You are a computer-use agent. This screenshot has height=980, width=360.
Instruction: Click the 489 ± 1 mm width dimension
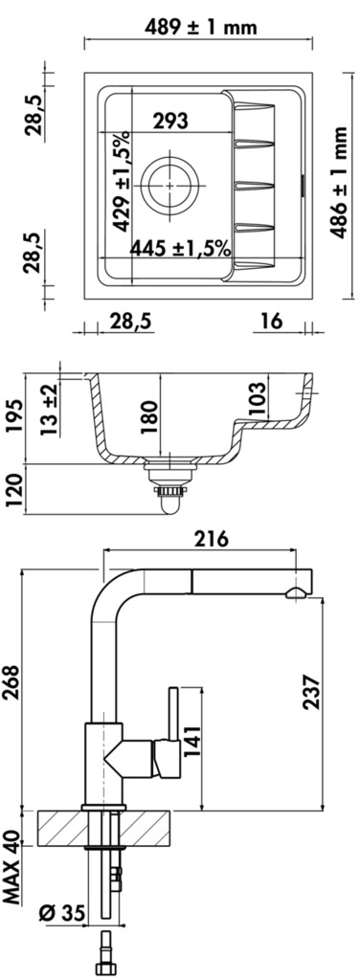[200, 27]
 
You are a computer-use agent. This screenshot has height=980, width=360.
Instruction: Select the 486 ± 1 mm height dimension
[339, 183]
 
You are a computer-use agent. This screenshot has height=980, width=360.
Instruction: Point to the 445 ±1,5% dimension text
[180, 249]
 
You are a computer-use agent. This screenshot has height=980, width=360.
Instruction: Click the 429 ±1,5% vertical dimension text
[122, 181]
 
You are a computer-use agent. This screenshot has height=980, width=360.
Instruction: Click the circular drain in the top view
[170, 185]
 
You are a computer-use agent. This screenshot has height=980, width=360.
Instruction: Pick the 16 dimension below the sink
[271, 322]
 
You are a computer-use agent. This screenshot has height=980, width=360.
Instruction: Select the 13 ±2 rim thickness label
[51, 410]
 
